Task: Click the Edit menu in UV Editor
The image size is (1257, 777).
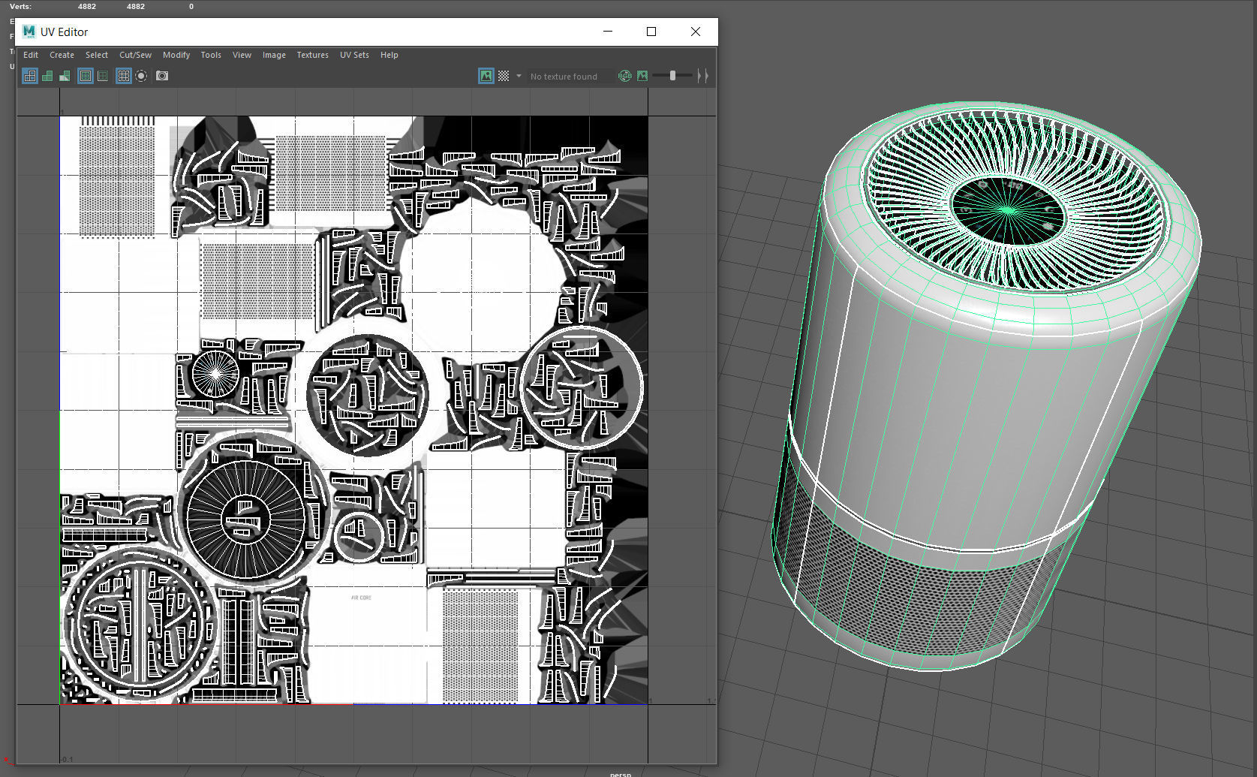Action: pyautogui.click(x=31, y=55)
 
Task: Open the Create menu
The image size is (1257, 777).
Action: pyautogui.click(x=62, y=55)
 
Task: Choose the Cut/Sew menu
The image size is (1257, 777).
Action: pyautogui.click(x=135, y=55)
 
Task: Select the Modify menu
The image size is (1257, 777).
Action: pyautogui.click(x=176, y=55)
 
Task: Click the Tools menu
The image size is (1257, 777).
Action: pyautogui.click(x=211, y=55)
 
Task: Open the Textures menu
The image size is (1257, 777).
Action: pyautogui.click(x=312, y=55)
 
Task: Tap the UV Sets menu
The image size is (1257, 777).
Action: pyautogui.click(x=354, y=55)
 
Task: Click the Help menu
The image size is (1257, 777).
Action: pyautogui.click(x=389, y=55)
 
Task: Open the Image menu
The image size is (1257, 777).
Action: pyautogui.click(x=274, y=55)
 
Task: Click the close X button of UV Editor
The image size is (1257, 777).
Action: pyautogui.click(x=696, y=32)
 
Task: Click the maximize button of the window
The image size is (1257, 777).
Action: pyautogui.click(x=651, y=32)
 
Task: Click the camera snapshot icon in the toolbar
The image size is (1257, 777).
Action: pyautogui.click(x=162, y=76)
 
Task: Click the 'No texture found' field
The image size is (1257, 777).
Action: pyautogui.click(x=564, y=77)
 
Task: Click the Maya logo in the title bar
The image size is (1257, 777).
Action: pyautogui.click(x=29, y=32)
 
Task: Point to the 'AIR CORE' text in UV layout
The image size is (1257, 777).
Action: pyautogui.click(x=361, y=598)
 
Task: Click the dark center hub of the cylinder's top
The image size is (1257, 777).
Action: pyautogui.click(x=1007, y=210)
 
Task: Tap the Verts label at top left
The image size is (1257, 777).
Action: pyautogui.click(x=20, y=6)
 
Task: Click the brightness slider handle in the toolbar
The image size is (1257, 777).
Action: pyautogui.click(x=672, y=76)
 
